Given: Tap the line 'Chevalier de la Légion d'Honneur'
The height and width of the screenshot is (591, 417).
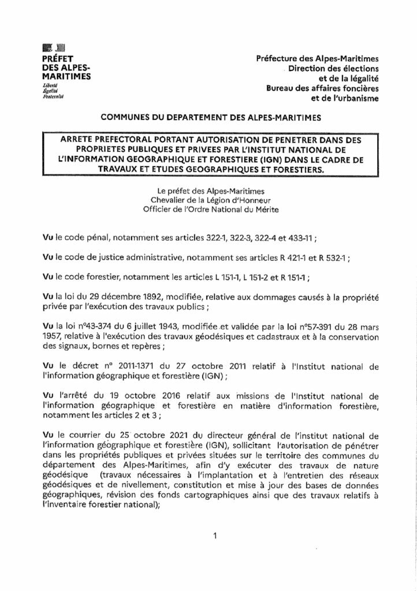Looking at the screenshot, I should tap(207, 200).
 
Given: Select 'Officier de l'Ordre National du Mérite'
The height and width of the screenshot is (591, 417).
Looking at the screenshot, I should tap(207, 210).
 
